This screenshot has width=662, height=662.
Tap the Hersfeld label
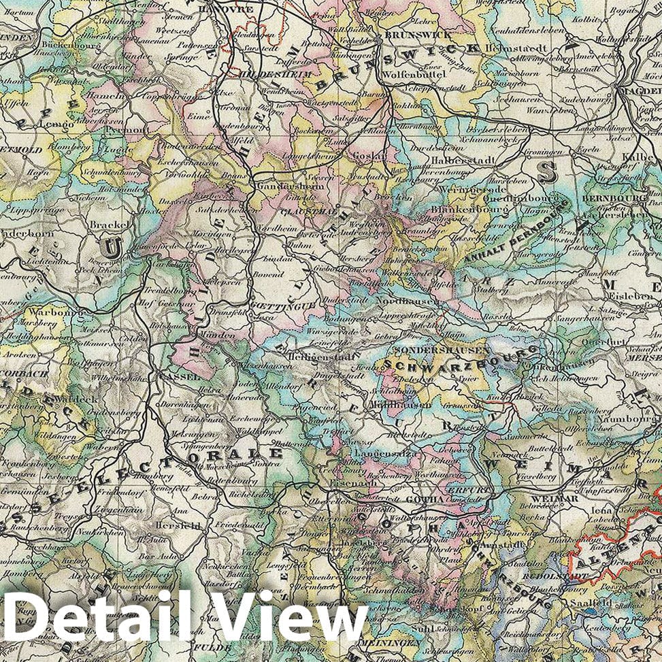[177, 525]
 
